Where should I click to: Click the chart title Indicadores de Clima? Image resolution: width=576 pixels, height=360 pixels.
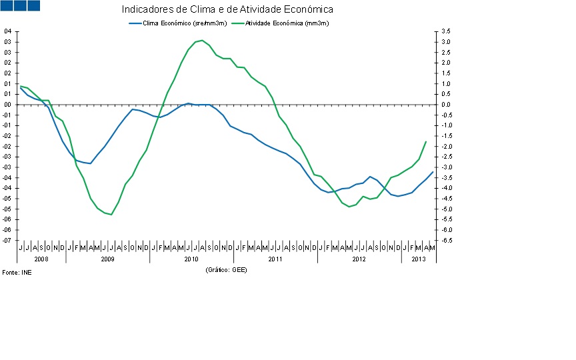(227, 10)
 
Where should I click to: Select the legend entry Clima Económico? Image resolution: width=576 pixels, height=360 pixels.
(183, 23)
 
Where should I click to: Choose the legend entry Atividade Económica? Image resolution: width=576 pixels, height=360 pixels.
(287, 23)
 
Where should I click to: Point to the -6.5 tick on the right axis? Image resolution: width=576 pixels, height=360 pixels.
(445, 240)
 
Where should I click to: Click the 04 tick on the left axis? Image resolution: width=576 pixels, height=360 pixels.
(7, 31)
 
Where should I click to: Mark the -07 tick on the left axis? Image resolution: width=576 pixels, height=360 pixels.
(7, 240)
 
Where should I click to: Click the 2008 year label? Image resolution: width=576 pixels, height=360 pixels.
(41, 258)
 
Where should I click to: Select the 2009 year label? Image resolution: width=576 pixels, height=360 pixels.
(107, 258)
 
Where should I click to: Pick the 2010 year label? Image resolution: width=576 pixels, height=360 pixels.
(191, 258)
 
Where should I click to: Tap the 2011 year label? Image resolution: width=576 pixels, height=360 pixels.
(275, 258)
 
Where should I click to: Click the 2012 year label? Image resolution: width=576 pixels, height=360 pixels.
(359, 258)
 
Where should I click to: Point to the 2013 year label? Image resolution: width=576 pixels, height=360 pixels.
(419, 258)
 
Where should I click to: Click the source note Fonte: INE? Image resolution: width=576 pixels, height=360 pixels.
(17, 273)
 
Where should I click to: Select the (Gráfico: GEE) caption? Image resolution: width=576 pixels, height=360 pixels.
(227, 269)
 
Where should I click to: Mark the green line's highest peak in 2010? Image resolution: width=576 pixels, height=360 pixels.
(202, 41)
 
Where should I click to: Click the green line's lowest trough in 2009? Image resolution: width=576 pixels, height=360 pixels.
(111, 215)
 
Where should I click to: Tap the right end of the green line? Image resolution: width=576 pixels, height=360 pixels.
(426, 141)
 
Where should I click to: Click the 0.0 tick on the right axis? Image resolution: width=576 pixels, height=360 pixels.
(446, 105)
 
